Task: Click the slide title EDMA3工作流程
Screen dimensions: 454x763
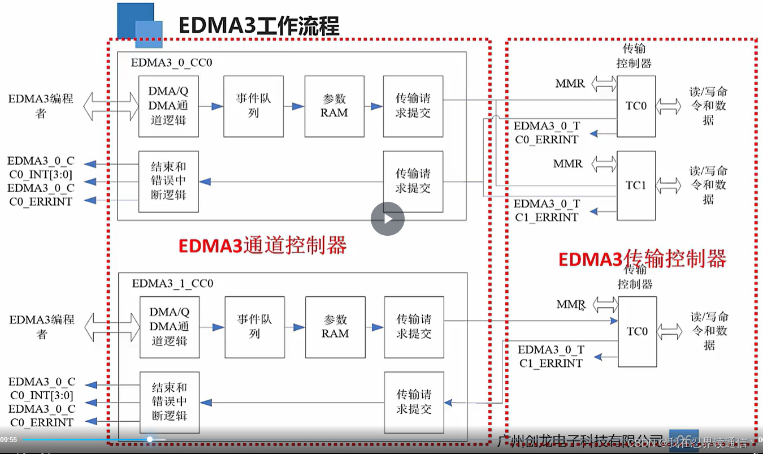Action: point(259,26)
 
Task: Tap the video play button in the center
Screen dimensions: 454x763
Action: point(388,219)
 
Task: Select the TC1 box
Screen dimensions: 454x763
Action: point(636,185)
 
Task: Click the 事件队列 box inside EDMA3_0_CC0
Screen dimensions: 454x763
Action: point(253,106)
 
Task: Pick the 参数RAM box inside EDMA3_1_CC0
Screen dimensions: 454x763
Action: point(335,327)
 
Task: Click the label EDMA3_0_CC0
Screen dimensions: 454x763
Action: point(171,62)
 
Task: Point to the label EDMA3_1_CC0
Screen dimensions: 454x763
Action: point(172,283)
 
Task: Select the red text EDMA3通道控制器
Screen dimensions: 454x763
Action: point(262,246)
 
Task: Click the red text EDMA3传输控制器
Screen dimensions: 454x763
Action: point(642,259)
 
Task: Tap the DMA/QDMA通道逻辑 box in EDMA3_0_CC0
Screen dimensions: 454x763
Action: point(168,106)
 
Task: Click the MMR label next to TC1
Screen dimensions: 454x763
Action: point(568,163)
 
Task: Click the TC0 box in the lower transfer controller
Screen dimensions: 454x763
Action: point(637,331)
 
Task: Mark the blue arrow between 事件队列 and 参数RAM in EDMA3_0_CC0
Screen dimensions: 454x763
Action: point(294,106)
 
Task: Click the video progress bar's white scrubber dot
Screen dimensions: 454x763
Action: point(150,439)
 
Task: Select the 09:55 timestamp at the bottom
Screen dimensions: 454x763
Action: point(8,440)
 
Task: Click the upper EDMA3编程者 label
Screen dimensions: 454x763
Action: point(41,106)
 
